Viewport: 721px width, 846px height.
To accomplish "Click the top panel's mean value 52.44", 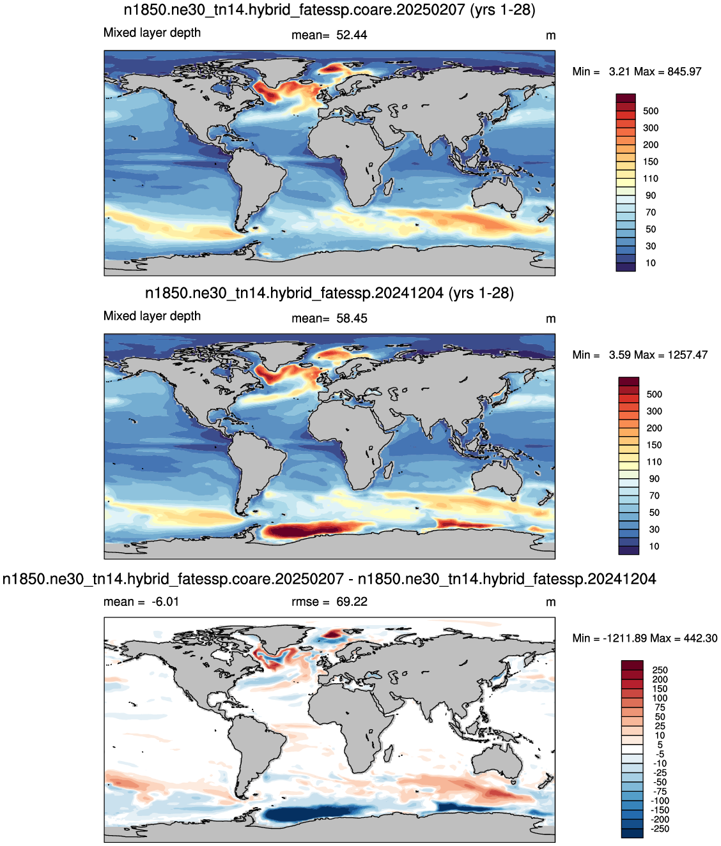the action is click(352, 35).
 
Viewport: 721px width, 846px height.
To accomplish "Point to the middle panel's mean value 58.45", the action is click(352, 319).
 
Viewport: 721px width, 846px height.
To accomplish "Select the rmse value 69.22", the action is click(352, 601).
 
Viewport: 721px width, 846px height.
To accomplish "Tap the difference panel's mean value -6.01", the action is click(165, 601).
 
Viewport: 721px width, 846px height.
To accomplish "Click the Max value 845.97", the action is click(684, 72).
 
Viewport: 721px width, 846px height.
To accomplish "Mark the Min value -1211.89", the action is click(623, 638).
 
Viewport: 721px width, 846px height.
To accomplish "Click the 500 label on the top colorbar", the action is click(651, 111).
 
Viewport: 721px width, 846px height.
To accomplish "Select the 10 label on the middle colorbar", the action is click(655, 546).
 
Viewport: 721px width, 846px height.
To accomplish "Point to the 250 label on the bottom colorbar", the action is click(660, 670).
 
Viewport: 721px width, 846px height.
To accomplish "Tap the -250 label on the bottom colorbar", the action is click(660, 829).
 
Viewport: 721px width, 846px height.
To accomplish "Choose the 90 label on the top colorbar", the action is click(651, 195).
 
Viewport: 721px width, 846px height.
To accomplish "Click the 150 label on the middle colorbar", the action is click(655, 445).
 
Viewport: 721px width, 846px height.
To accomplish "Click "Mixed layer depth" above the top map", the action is click(152, 33).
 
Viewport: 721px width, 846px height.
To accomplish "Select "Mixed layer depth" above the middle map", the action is click(152, 316).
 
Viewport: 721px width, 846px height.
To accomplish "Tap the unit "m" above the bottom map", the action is click(550, 603).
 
